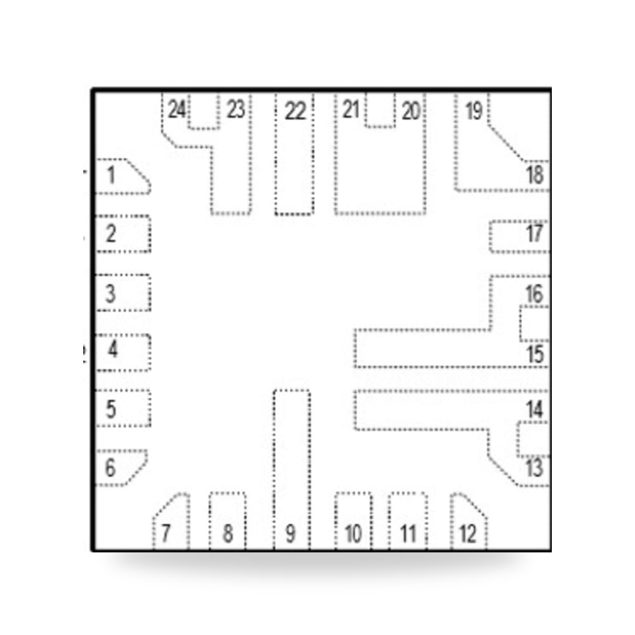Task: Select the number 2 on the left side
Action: pos(111,234)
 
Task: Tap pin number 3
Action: pos(110,293)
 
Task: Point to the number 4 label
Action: pos(113,349)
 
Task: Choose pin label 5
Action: pos(111,409)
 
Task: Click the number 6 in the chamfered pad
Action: pos(110,468)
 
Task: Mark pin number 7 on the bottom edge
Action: pos(166,533)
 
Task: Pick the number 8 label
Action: pos(228,533)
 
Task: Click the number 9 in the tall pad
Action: pos(290,533)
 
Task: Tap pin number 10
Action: pos(353,534)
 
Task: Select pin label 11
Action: pos(408,534)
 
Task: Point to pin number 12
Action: pos(468,534)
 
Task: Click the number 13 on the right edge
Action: pos(534,468)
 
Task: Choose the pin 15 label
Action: pos(535,354)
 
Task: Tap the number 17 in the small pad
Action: pos(535,234)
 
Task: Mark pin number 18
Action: pos(535,175)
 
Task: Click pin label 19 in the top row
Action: pos(474,111)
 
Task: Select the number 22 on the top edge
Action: pos(295,111)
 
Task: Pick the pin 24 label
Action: pos(177,109)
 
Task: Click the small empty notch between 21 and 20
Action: pos(380,110)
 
